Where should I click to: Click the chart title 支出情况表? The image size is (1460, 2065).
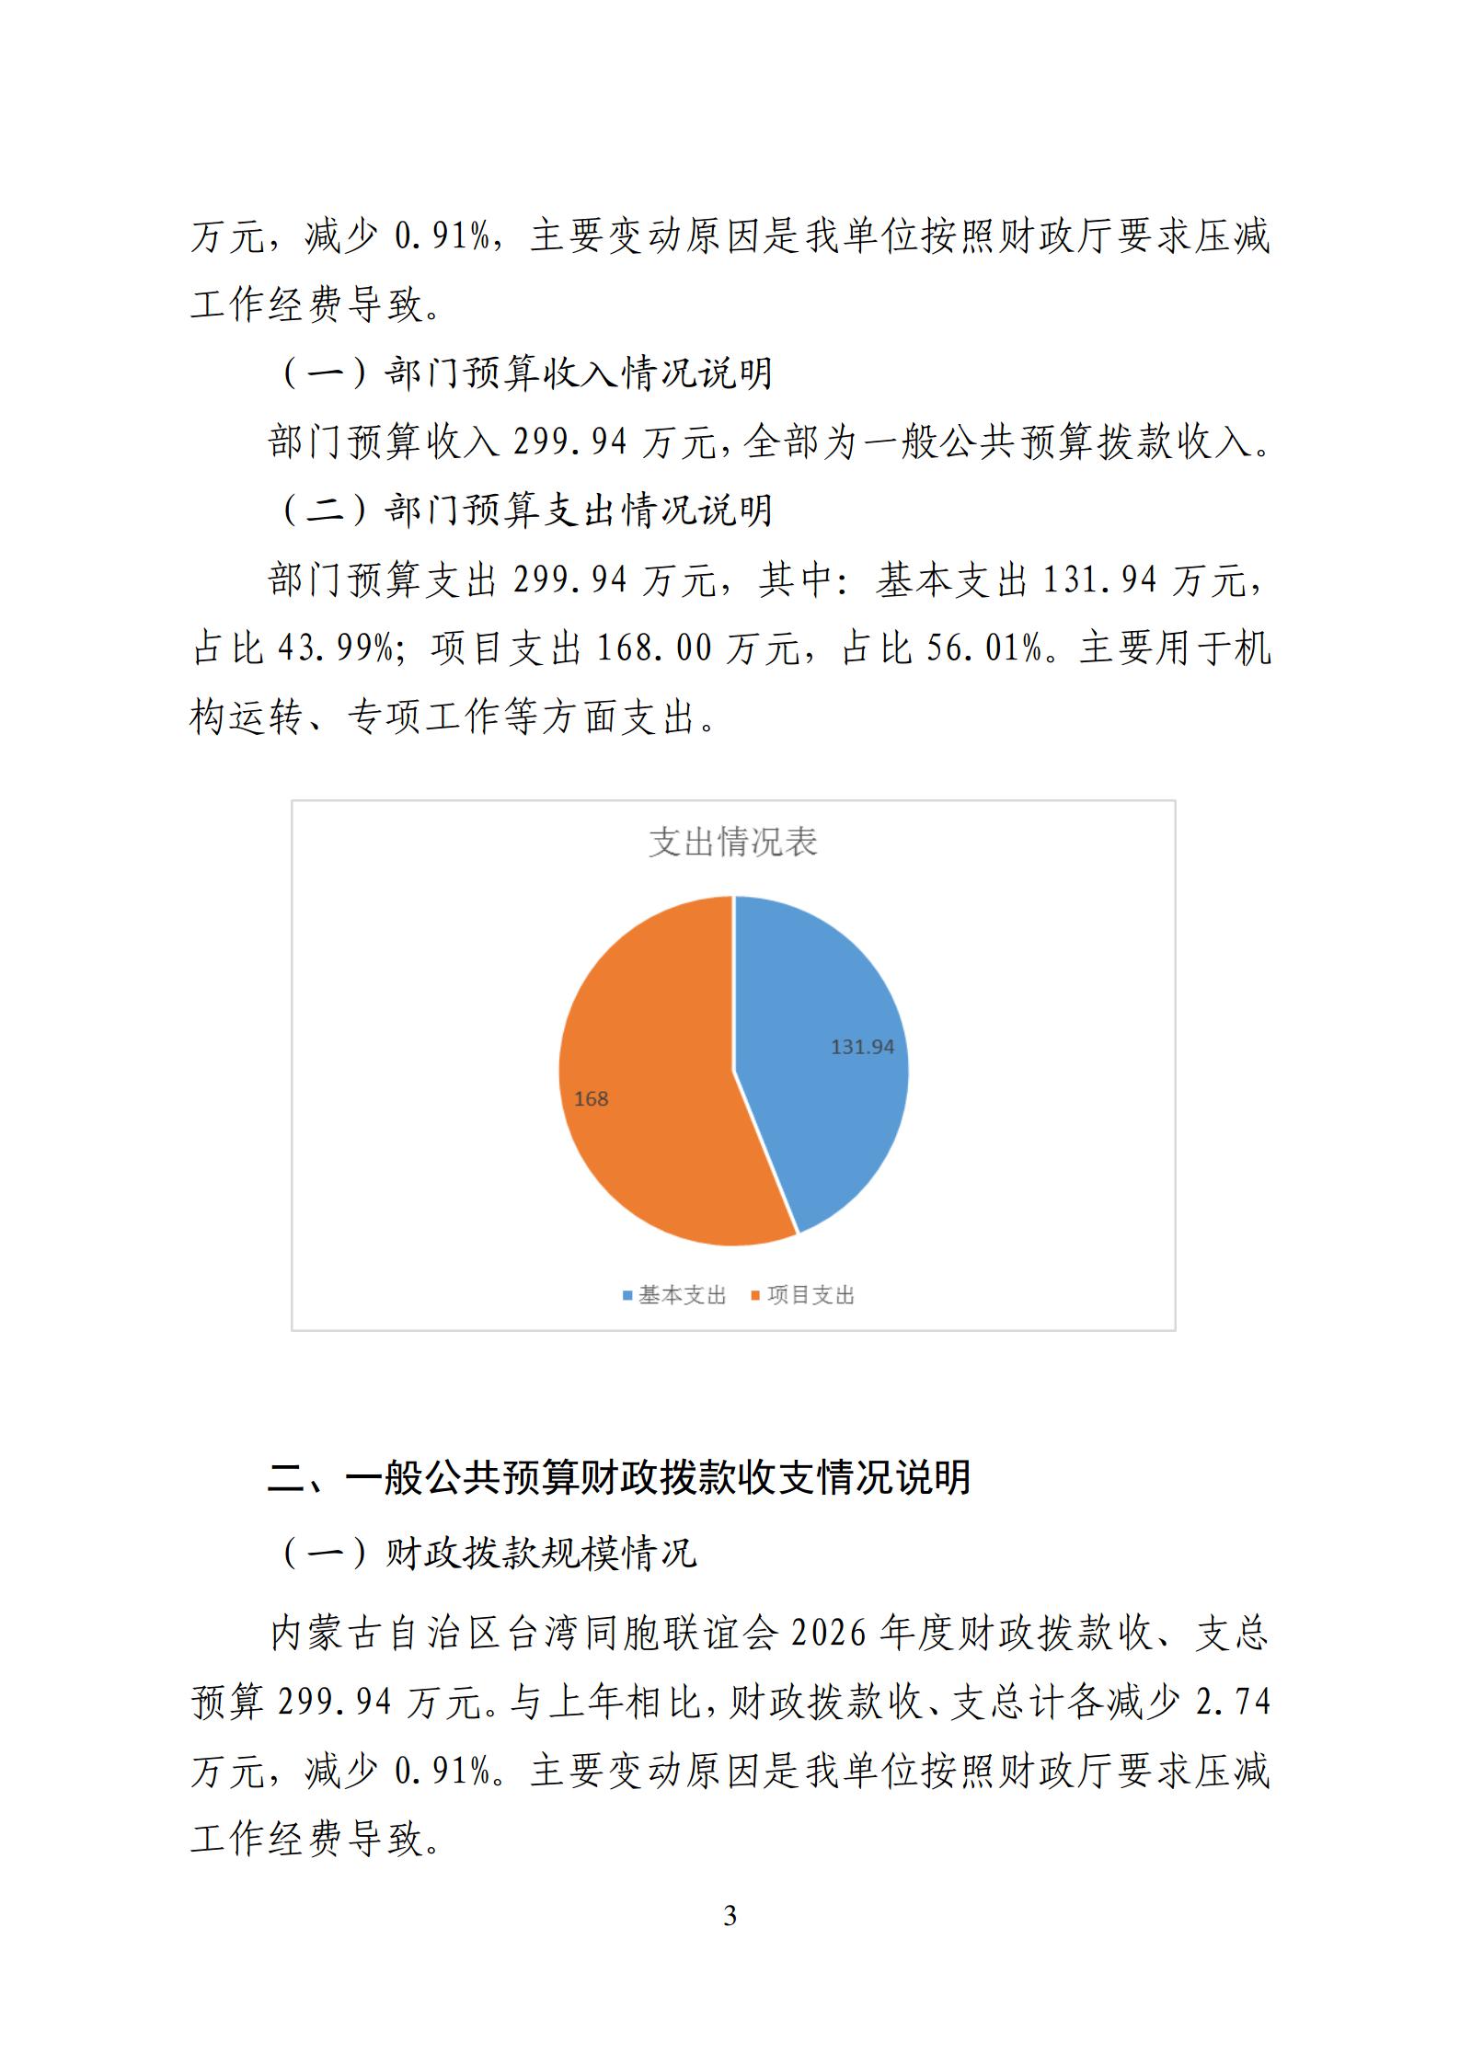click(x=732, y=842)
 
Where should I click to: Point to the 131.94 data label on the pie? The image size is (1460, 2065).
click(x=862, y=1047)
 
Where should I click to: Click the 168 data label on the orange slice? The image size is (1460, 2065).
click(x=591, y=1099)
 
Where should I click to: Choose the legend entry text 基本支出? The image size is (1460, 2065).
click(x=683, y=1295)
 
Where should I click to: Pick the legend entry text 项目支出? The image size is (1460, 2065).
click(x=810, y=1295)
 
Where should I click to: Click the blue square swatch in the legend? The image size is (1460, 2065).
click(x=628, y=1296)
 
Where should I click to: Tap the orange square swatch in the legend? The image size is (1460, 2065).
click(x=756, y=1296)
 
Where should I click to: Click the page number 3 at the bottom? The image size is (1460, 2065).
click(x=730, y=1916)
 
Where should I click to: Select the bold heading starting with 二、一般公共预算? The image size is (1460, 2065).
click(x=619, y=1478)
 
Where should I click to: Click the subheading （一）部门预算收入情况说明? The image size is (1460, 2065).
click(x=526, y=373)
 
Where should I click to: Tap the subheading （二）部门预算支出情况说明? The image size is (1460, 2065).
click(x=526, y=511)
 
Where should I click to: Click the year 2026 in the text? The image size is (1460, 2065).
click(x=829, y=1633)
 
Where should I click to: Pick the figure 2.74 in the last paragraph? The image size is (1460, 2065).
click(x=1232, y=1703)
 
